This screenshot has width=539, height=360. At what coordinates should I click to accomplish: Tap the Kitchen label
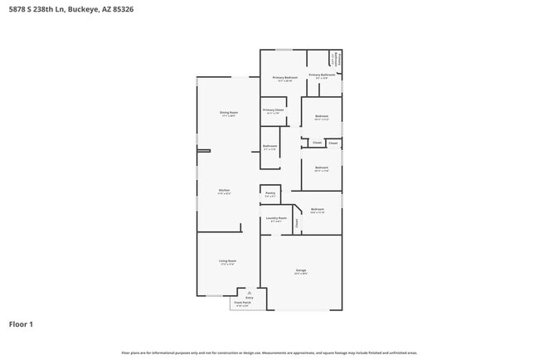(224, 190)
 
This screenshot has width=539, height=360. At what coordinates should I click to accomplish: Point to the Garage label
(300, 270)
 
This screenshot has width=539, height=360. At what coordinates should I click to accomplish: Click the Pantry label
(270, 193)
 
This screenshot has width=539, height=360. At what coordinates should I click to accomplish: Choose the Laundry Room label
(275, 218)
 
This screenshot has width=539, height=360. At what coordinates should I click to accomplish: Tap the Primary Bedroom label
(284, 78)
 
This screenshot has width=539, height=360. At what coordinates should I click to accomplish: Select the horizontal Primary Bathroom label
(322, 75)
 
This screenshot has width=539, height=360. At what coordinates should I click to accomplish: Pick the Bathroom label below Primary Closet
(270, 146)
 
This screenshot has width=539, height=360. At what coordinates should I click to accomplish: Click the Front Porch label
(241, 302)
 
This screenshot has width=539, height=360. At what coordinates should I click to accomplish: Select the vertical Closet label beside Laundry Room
(297, 221)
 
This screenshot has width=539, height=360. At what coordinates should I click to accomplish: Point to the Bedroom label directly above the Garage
(318, 209)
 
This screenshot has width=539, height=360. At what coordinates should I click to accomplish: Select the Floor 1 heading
(21, 324)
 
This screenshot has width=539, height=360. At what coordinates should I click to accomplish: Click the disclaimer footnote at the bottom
(269, 353)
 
